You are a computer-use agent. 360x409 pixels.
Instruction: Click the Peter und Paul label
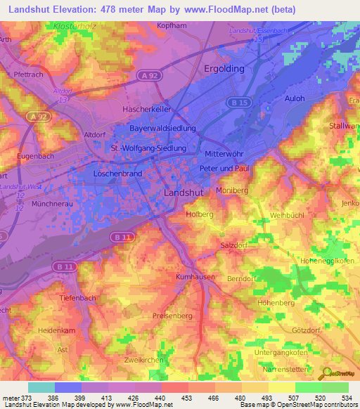point(224,169)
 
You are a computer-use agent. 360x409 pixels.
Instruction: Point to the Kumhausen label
point(194,278)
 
